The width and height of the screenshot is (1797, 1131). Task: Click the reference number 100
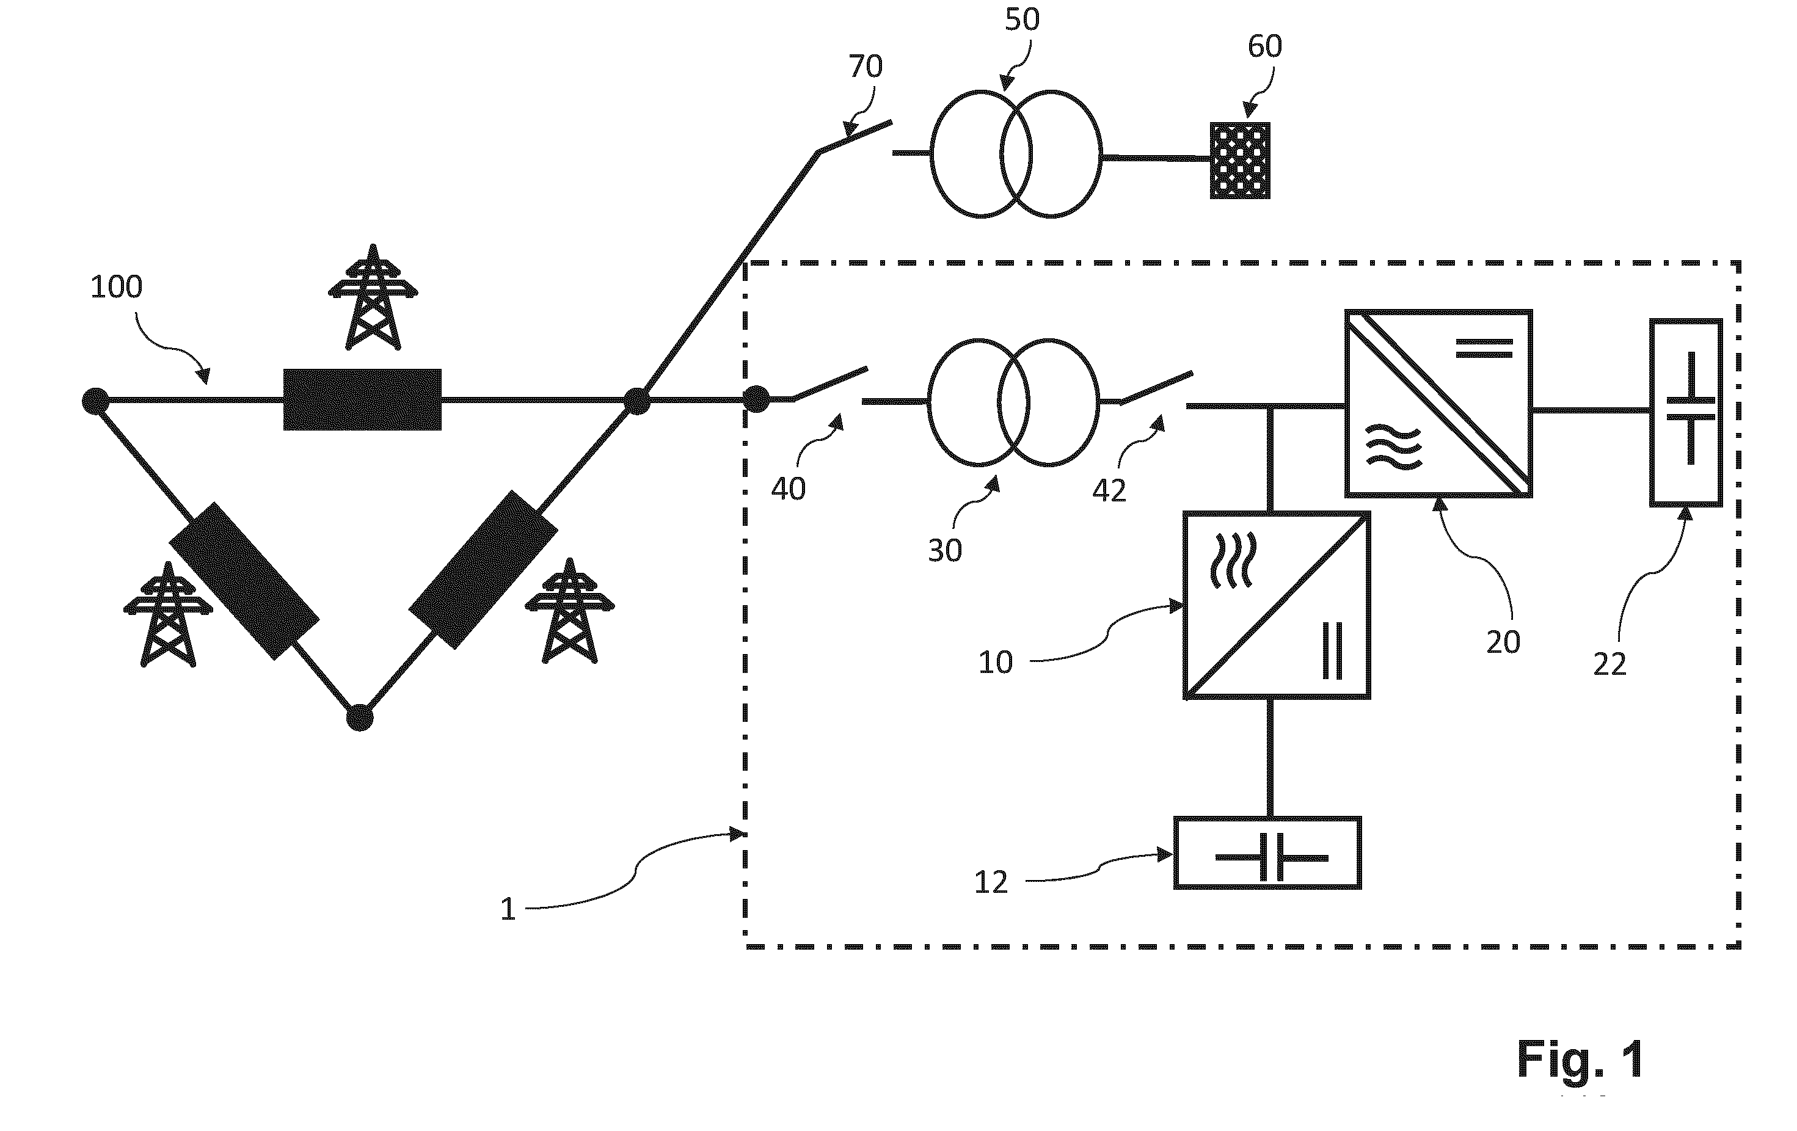tap(117, 287)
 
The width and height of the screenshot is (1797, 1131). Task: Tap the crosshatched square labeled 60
tap(1239, 161)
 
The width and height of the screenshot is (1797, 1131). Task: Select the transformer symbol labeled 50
tap(1016, 154)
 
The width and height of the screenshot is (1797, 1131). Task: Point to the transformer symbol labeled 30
tap(1013, 402)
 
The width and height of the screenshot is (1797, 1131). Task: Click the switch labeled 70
tap(855, 137)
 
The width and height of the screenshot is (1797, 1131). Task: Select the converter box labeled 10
tap(1277, 605)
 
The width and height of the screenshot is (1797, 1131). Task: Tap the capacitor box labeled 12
tap(1267, 853)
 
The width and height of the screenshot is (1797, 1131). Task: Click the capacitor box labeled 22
tap(1686, 413)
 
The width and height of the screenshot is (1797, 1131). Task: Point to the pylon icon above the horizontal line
tap(373, 297)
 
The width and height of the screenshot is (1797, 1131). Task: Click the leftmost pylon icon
tap(168, 614)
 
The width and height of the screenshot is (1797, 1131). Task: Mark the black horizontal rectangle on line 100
tap(362, 399)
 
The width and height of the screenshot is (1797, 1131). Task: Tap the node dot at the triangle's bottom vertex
tap(360, 718)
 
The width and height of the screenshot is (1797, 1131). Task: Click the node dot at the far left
tap(95, 401)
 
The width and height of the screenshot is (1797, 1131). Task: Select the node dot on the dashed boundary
tap(756, 399)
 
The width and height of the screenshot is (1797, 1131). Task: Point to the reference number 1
tap(508, 909)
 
